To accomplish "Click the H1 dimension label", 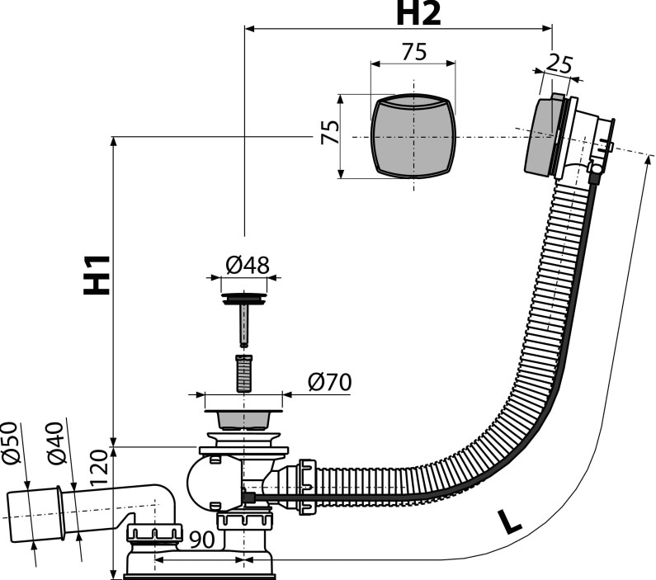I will (x=98, y=275).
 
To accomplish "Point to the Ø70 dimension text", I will (x=329, y=383).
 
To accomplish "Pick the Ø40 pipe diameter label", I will (x=56, y=448).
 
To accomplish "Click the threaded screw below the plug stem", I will (x=243, y=373).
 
